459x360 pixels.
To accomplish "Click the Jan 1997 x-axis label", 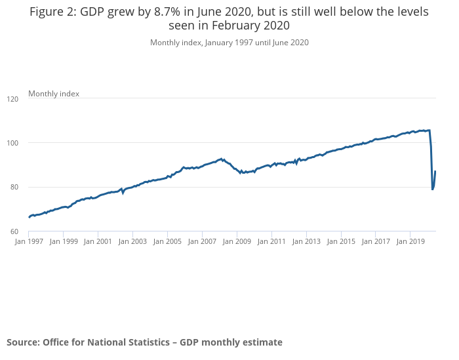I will point(29,241).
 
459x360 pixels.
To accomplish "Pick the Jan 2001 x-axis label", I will point(98,241).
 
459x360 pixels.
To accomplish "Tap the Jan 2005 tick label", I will point(167,241).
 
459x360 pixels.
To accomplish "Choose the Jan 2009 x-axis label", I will point(237,241).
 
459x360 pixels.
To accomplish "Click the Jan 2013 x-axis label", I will point(306,241).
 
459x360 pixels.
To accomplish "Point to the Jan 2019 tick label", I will point(409,241).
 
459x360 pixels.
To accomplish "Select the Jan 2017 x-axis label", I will point(374,241).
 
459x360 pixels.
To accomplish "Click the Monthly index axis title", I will point(54,94).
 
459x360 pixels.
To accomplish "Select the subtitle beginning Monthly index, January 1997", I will point(229,43).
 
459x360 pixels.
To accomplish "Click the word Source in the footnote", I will point(23,342).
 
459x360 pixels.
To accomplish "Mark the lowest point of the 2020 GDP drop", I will point(433,189).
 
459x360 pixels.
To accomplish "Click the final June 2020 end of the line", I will point(435,171).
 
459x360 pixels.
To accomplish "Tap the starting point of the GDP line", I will point(29,217).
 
